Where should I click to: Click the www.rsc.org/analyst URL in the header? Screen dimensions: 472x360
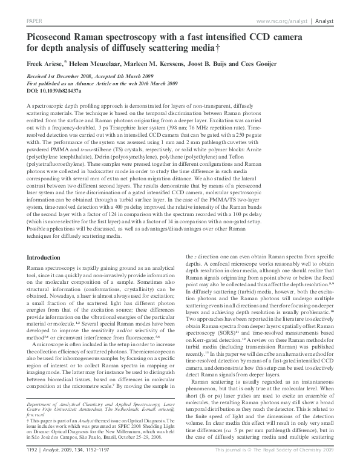[x=279, y=21]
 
